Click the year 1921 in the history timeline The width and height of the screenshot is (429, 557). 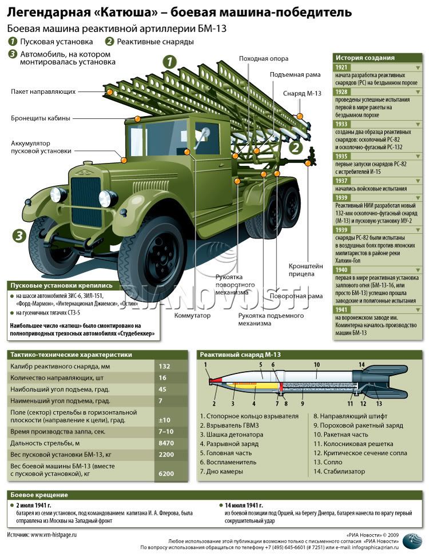click(341, 67)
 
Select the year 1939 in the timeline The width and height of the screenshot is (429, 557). click(341, 197)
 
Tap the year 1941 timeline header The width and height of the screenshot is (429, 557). click(341, 309)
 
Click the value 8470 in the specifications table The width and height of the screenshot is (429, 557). click(165, 443)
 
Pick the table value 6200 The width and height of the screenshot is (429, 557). click(165, 474)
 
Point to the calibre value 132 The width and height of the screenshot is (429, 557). click(165, 366)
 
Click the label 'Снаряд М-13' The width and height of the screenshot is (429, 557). click(302, 94)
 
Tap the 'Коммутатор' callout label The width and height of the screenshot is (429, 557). click(193, 315)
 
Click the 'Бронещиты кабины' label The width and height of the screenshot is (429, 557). click(41, 118)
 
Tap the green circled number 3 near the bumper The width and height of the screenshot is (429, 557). click(19, 235)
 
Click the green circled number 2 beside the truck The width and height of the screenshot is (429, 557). click(296, 148)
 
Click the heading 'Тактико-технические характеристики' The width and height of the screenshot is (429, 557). click(71, 355)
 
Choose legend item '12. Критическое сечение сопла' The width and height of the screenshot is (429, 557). click(360, 453)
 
